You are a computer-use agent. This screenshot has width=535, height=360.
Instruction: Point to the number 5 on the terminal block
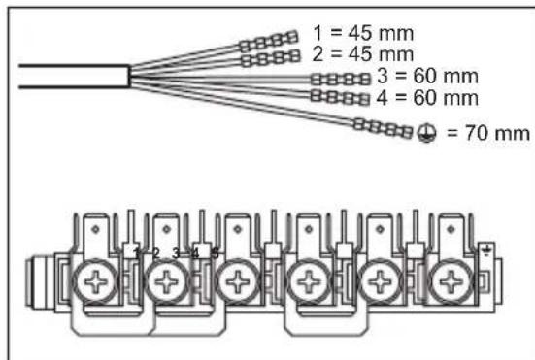pyautogui.click(x=215, y=254)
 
